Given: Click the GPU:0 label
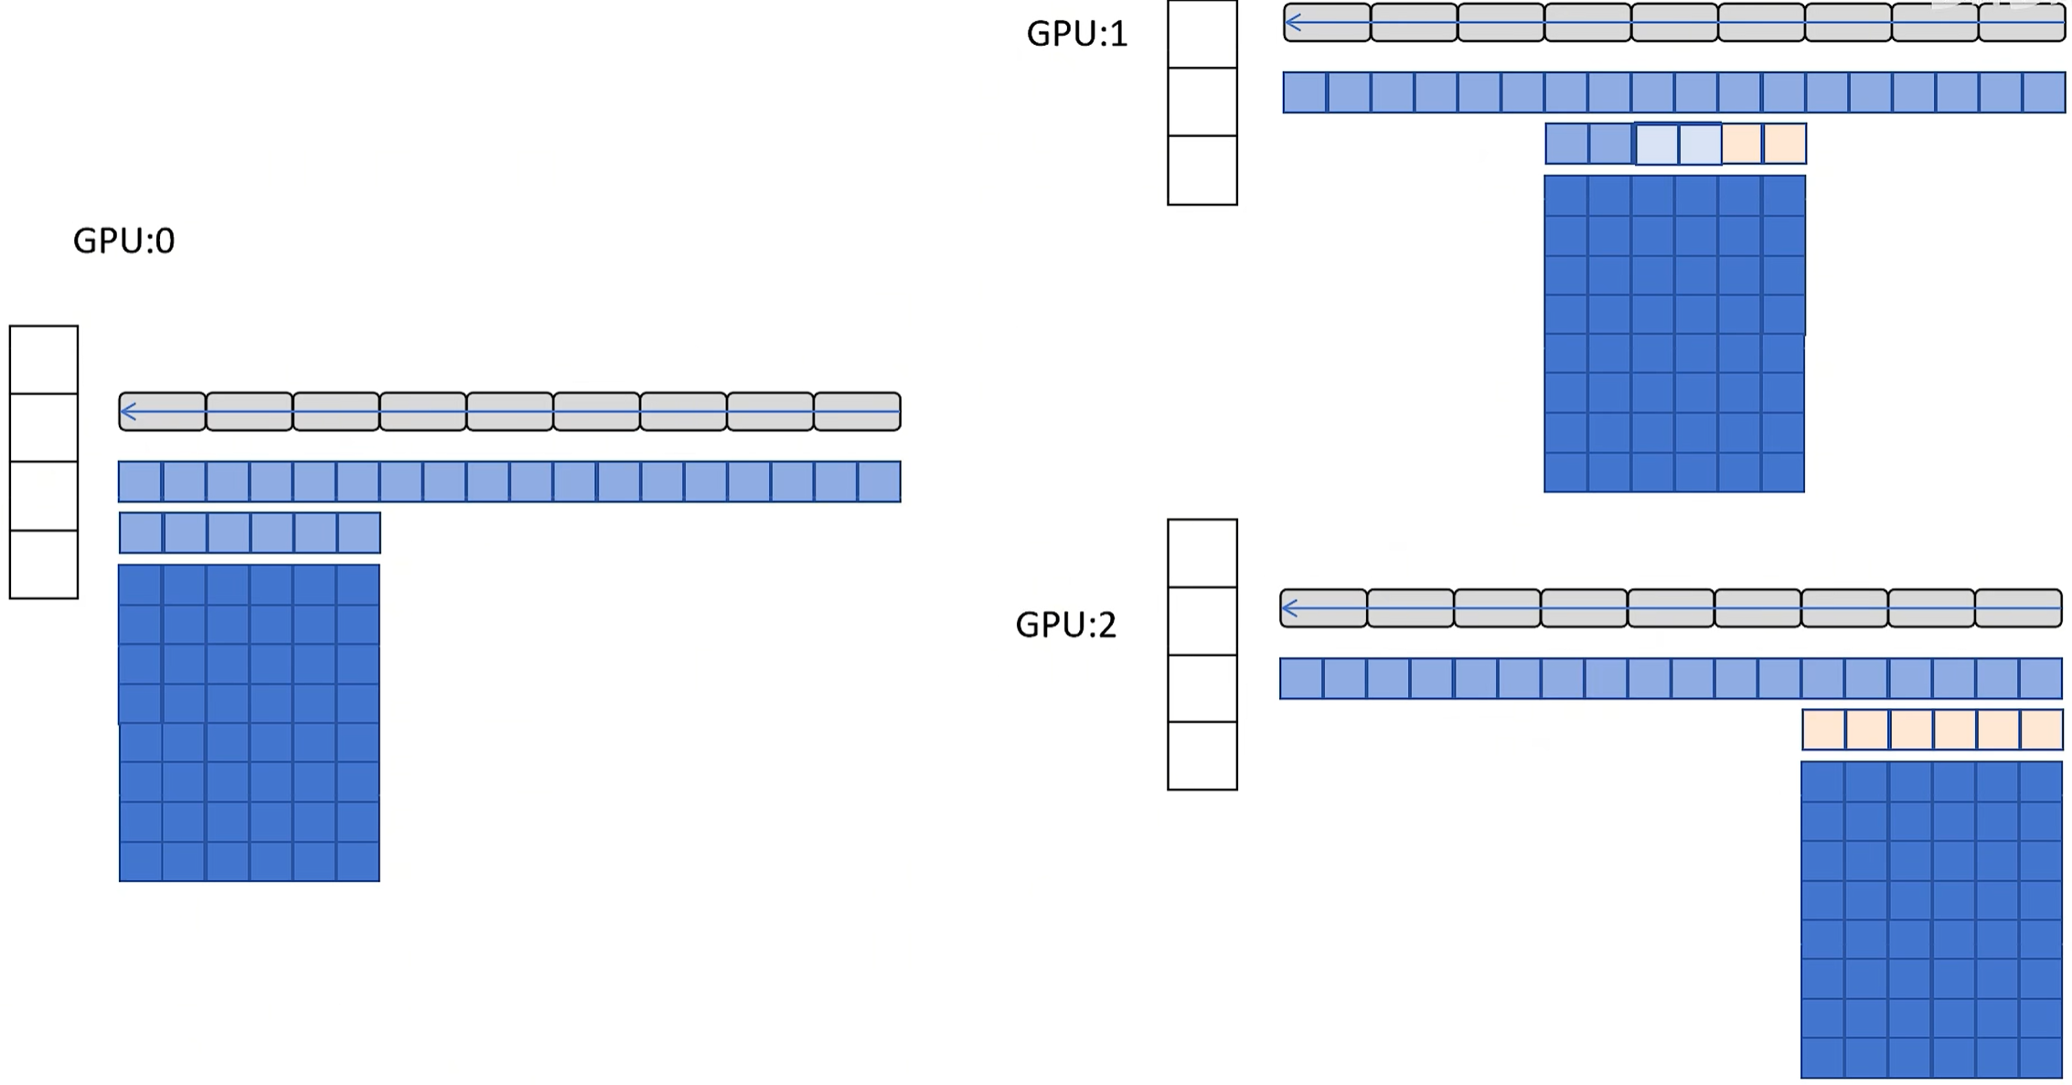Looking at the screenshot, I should pos(123,241).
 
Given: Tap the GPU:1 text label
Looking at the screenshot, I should pos(1077,34).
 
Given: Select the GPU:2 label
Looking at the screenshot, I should pos(1066,625).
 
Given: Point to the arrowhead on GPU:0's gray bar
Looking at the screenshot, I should pos(128,412).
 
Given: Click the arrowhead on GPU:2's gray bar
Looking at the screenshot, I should pos(1289,608).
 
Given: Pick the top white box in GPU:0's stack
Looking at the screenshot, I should pos(44,360).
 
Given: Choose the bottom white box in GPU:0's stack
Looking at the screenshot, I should pos(44,564).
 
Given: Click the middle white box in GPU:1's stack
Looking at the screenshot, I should pos(1202,102).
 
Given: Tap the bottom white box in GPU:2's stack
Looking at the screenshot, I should pos(1202,756).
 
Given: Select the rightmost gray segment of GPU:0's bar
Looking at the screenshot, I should pos(857,412).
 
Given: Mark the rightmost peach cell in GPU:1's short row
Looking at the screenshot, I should pos(1784,144).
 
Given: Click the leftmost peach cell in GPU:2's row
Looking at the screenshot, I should pos(1824,730).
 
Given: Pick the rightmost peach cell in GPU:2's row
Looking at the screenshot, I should pos(2041,730).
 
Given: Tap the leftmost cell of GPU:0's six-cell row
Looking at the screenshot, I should pos(141,532).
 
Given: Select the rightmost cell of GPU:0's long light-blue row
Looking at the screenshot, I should pos(879,482).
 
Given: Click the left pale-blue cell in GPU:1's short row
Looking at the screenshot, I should pos(1656,144).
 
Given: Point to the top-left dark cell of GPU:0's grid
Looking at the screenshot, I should pos(141,585).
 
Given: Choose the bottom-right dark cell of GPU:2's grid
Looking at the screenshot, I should pos(2041,1058).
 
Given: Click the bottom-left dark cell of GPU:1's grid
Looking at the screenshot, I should pos(1566,473).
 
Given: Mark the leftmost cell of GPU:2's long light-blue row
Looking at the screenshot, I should pos(1301,679).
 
